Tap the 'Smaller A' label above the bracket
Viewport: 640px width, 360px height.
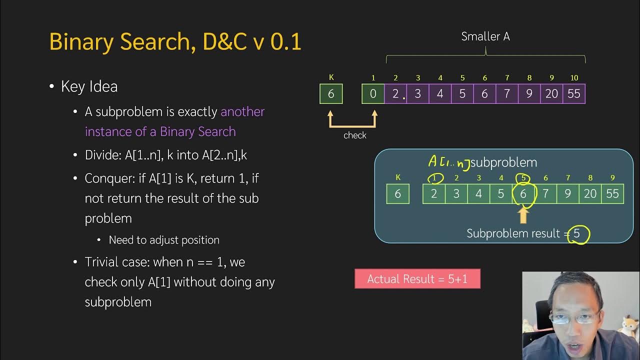tap(485, 36)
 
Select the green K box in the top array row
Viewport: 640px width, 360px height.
tap(331, 94)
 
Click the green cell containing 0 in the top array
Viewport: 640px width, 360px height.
tap(373, 94)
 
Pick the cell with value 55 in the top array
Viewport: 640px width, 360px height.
tap(574, 94)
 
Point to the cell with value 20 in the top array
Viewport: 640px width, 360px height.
tap(551, 94)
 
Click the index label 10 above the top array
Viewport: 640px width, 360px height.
tap(574, 78)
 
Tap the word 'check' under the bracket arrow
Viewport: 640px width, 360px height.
tap(355, 135)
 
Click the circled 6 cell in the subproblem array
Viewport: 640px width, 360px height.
tap(523, 194)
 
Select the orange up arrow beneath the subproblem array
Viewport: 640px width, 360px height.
tap(523, 215)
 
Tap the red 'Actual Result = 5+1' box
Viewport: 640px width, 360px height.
tap(417, 279)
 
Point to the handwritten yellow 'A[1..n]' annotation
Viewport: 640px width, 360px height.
tap(448, 162)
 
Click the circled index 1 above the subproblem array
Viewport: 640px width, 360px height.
tap(434, 178)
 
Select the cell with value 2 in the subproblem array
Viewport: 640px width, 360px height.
tap(434, 194)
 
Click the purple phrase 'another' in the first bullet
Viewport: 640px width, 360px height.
tap(242, 111)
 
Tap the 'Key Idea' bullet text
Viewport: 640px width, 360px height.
tap(89, 86)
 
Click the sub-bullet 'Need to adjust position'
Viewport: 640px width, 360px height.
tap(164, 240)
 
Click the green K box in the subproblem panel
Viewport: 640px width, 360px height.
tap(397, 194)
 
